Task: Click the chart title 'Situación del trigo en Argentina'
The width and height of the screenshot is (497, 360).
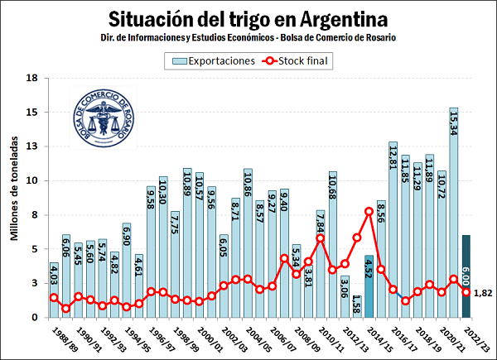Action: click(x=248, y=17)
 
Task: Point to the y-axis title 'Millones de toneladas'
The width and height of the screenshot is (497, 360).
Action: click(x=14, y=189)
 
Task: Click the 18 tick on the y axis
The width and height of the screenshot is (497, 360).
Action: click(x=32, y=78)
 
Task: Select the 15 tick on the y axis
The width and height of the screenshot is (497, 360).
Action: click(x=32, y=112)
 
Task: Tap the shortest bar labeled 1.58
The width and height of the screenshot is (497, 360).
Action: click(x=357, y=306)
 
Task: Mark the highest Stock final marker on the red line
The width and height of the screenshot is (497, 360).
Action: click(x=369, y=212)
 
